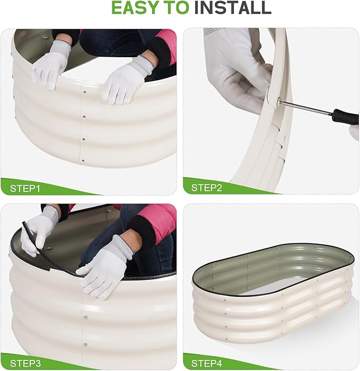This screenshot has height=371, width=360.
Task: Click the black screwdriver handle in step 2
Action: pyautogui.click(x=345, y=116)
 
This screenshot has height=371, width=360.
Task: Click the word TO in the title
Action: pyautogui.click(x=175, y=8)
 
